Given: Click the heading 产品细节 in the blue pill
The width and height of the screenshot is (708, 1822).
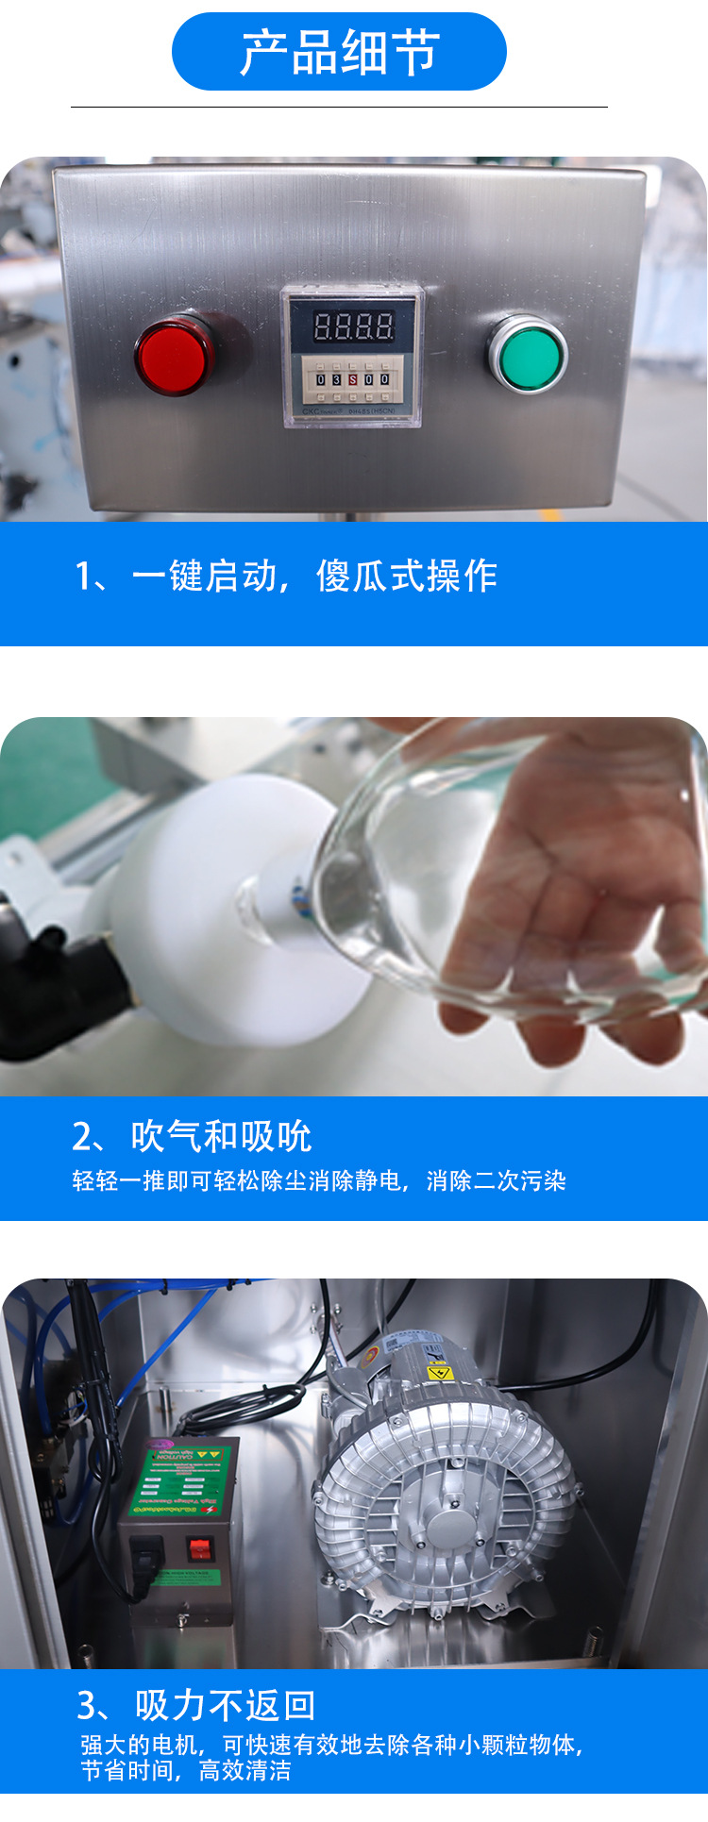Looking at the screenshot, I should [x=339, y=52].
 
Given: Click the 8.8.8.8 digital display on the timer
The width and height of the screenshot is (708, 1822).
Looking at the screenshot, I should [x=352, y=326].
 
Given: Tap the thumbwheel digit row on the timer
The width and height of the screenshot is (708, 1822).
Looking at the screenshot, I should [x=351, y=378].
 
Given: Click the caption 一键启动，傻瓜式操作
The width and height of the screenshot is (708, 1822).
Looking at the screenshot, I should [x=286, y=576].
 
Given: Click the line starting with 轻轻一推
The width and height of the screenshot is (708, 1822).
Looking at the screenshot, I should [x=319, y=1180].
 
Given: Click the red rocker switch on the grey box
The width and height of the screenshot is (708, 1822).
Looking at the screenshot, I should [x=199, y=1548].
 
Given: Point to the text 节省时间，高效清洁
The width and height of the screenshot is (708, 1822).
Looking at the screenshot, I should [x=186, y=1771].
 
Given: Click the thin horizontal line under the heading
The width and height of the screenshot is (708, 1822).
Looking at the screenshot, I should [x=339, y=107].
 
